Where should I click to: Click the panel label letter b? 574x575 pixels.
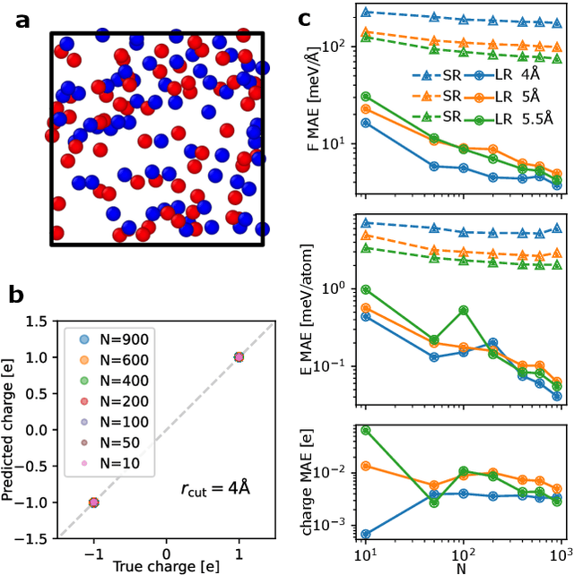click(x=25, y=292)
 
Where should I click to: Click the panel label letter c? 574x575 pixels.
click(x=305, y=17)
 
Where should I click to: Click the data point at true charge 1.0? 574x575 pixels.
click(x=239, y=356)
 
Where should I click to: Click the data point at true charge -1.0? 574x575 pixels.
click(x=93, y=502)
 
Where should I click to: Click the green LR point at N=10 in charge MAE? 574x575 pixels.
click(x=366, y=430)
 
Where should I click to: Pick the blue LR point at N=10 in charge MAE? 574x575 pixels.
click(x=366, y=534)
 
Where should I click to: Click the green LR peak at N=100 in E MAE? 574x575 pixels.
click(x=463, y=310)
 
